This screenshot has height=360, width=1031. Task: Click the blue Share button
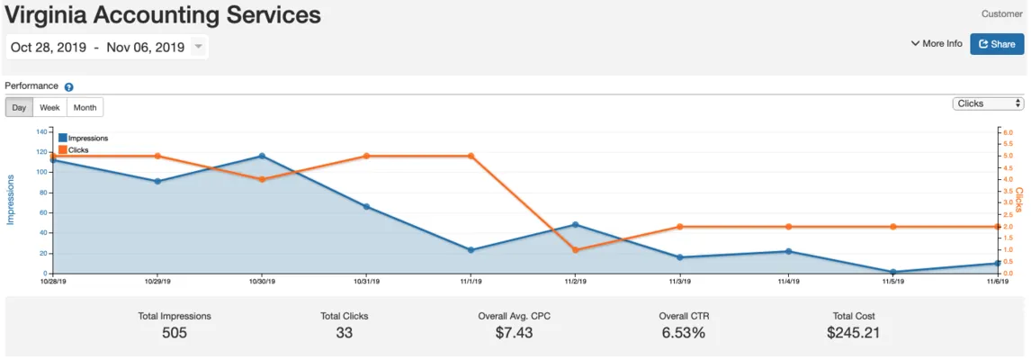pos(997,44)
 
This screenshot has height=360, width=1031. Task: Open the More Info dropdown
pos(937,43)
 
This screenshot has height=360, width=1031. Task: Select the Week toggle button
pos(49,107)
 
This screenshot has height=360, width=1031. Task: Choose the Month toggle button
pos(85,107)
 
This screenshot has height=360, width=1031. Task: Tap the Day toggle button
pos(19,107)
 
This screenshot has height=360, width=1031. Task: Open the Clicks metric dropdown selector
pos(988,103)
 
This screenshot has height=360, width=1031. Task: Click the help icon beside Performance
pos(69,87)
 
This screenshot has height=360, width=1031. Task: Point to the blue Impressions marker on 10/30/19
pos(262,156)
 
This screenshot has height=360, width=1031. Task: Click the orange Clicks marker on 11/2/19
pos(576,249)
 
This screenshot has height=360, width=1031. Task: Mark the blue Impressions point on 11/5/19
pos(892,272)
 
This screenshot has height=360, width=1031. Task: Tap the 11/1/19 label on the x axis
pos(471,282)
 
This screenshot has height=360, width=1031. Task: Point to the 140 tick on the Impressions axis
pos(41,131)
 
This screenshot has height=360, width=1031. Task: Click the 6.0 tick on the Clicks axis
pos(1008,132)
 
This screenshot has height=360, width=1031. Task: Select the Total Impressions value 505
pos(175,333)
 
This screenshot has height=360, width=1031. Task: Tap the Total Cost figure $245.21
pos(853,333)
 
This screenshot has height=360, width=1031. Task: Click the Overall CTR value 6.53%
pos(683,333)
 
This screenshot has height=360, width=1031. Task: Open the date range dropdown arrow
pos(198,47)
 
